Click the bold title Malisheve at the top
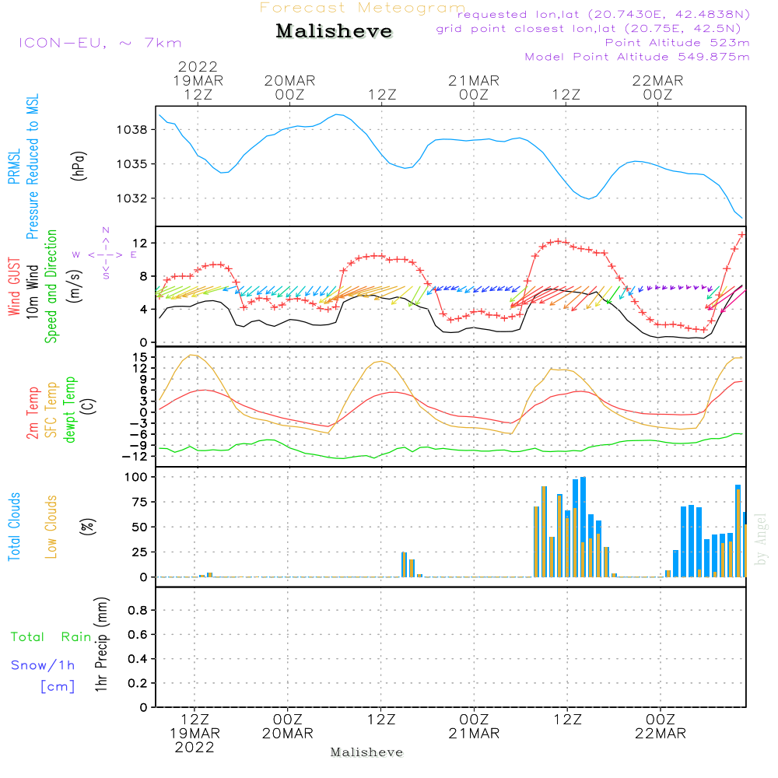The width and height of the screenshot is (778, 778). click(x=334, y=31)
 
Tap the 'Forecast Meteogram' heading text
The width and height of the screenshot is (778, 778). click(x=363, y=8)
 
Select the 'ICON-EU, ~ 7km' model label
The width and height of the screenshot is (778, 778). click(x=100, y=43)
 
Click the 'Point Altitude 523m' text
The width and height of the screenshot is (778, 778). click(x=677, y=43)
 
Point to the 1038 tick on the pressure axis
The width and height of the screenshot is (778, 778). click(x=132, y=130)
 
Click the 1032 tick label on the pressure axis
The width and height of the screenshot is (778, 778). click(x=132, y=198)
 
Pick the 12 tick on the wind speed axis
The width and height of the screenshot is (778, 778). click(x=140, y=243)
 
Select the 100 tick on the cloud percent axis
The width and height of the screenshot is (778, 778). click(x=136, y=477)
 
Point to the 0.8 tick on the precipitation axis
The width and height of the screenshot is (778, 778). click(x=138, y=610)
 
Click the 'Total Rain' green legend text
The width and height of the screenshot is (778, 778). click(x=51, y=637)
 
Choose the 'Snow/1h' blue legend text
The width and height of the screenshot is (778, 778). click(x=43, y=665)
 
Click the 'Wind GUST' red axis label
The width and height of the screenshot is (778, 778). click(x=14, y=287)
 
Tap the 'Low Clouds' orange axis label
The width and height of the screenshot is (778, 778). click(x=51, y=527)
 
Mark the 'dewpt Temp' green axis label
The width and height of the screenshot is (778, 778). click(x=69, y=409)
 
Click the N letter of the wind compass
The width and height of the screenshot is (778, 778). click(x=106, y=230)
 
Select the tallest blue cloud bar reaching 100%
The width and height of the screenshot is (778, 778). click(x=583, y=527)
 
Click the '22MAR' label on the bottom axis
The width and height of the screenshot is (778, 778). click(x=661, y=734)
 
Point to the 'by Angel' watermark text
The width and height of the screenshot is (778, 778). click(x=761, y=539)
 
